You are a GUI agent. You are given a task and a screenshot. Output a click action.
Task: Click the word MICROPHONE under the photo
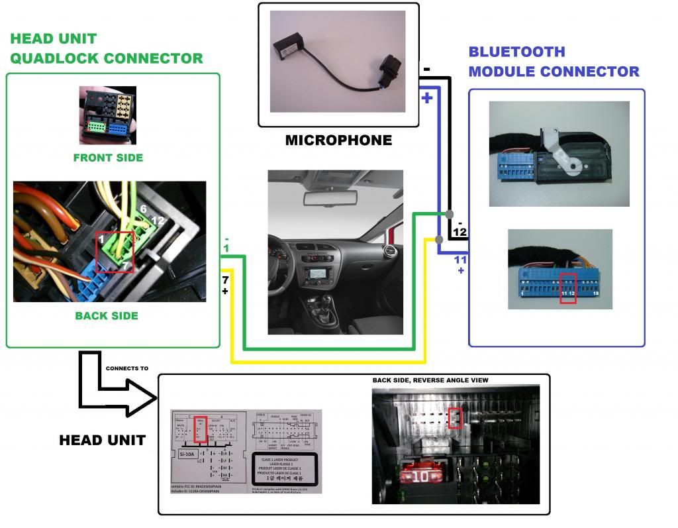click(338, 140)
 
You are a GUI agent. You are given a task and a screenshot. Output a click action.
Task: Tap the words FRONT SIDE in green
click(107, 158)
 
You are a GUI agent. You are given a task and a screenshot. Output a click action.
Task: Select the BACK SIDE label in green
click(107, 316)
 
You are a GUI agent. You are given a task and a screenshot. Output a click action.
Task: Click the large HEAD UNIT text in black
click(103, 439)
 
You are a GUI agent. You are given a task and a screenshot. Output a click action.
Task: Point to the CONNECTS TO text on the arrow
click(127, 368)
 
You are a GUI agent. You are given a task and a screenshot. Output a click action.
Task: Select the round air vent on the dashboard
click(389, 253)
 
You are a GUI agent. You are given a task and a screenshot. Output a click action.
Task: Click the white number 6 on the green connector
click(143, 209)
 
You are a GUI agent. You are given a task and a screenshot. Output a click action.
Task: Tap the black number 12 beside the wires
click(460, 232)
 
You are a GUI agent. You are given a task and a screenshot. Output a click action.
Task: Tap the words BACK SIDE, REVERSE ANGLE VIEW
click(430, 380)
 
